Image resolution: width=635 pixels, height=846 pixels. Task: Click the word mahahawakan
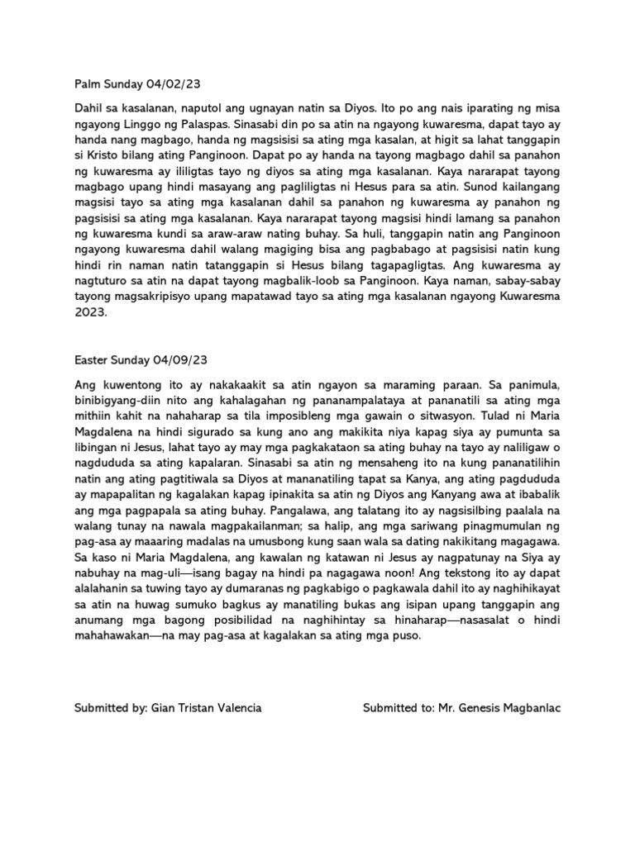tap(116, 636)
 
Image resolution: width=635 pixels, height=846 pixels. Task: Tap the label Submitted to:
tap(399, 709)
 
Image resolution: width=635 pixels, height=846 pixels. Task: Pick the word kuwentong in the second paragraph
tap(128, 385)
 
